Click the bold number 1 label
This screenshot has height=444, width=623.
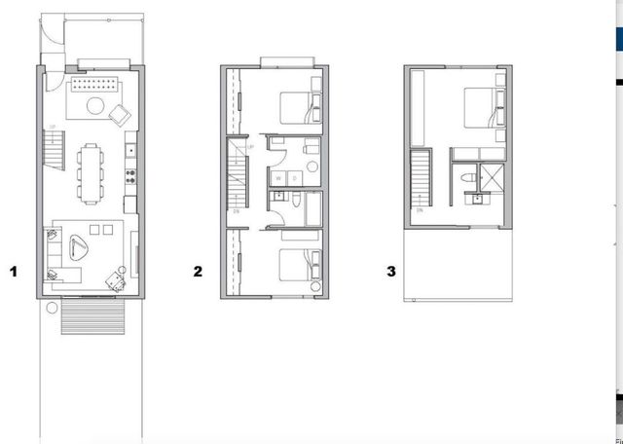(x=14, y=272)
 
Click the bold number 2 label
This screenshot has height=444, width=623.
(x=198, y=272)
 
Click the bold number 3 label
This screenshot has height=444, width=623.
(x=391, y=272)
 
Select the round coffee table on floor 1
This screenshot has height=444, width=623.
(x=96, y=103)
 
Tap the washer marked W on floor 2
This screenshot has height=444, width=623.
(x=278, y=178)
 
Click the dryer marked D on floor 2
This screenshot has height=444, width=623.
(x=290, y=178)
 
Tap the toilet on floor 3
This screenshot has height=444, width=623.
(x=466, y=177)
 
